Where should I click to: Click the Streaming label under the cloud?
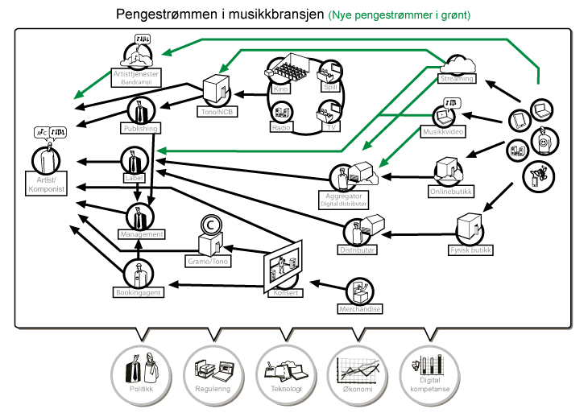(456, 79)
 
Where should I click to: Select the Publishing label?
(139, 129)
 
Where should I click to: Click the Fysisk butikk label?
(470, 250)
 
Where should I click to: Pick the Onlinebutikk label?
(450, 192)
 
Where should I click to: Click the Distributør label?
(358, 250)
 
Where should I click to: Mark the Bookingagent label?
(139, 293)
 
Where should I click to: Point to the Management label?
(141, 233)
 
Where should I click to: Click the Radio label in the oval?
(281, 127)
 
